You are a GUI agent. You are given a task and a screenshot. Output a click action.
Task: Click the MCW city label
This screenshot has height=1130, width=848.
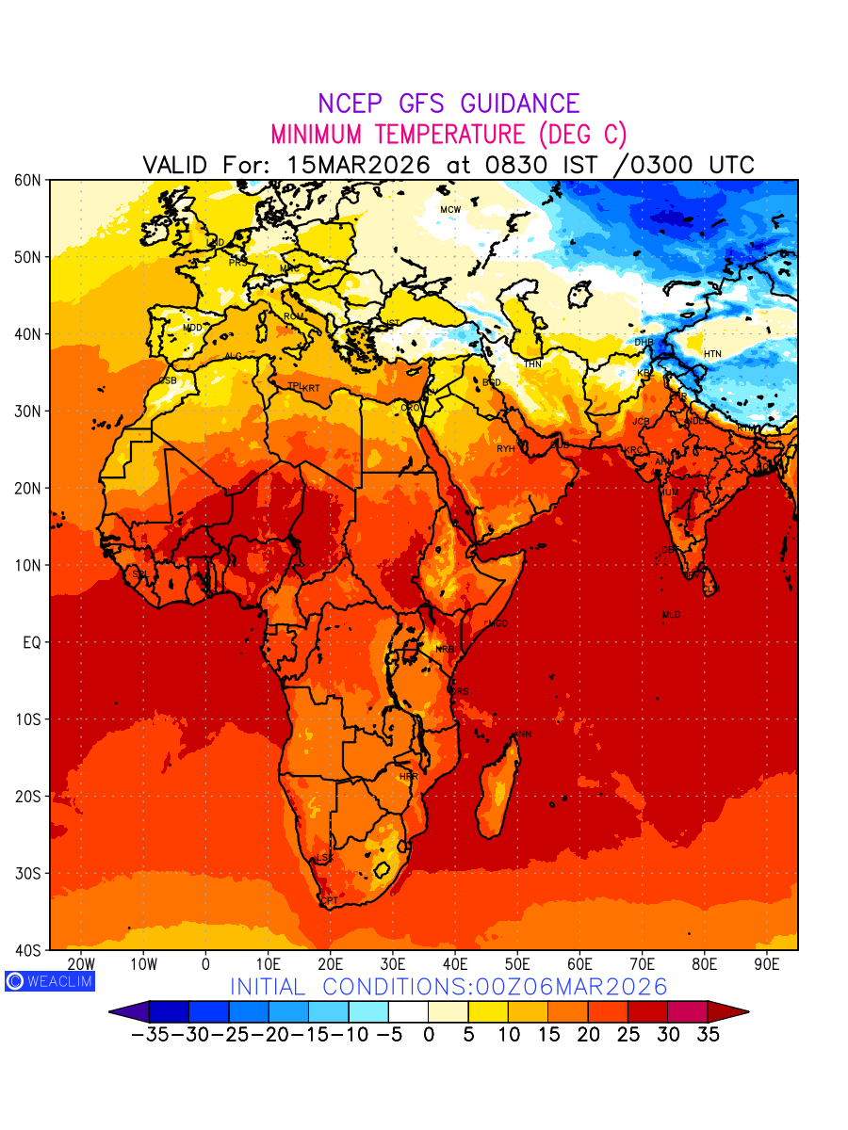point(450,209)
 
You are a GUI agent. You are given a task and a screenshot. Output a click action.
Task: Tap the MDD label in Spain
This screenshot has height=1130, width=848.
point(192,328)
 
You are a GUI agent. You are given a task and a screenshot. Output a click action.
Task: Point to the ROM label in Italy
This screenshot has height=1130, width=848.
point(294,316)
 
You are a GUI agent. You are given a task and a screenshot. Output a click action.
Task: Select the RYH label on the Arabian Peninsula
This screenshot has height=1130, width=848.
point(506,449)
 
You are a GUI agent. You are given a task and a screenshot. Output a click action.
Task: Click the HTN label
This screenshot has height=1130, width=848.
point(712,354)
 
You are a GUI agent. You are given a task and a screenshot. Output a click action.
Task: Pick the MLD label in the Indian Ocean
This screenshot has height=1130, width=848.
point(671,615)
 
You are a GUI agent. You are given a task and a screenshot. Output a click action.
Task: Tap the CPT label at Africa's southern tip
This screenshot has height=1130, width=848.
point(329,901)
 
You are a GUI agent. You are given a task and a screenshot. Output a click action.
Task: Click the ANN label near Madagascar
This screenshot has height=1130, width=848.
point(523,734)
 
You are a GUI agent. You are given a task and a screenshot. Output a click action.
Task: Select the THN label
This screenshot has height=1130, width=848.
point(532,364)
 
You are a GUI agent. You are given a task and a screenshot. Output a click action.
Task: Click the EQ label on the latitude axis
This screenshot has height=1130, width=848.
point(31,642)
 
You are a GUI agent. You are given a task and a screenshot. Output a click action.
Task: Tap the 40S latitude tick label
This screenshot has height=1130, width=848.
point(28,950)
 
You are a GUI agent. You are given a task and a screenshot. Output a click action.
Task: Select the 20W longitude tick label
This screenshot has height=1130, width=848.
point(81,964)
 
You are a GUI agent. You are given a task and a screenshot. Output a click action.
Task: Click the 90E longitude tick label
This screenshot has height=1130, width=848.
point(767,964)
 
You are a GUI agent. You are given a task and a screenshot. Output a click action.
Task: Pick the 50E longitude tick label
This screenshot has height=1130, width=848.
point(517,964)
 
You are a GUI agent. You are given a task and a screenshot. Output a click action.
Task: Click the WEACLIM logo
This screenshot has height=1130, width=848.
point(50,980)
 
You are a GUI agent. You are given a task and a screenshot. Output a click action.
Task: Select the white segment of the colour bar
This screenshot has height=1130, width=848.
point(408,1011)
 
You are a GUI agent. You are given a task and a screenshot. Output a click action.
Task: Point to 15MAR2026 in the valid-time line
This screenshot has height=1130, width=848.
point(358,165)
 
